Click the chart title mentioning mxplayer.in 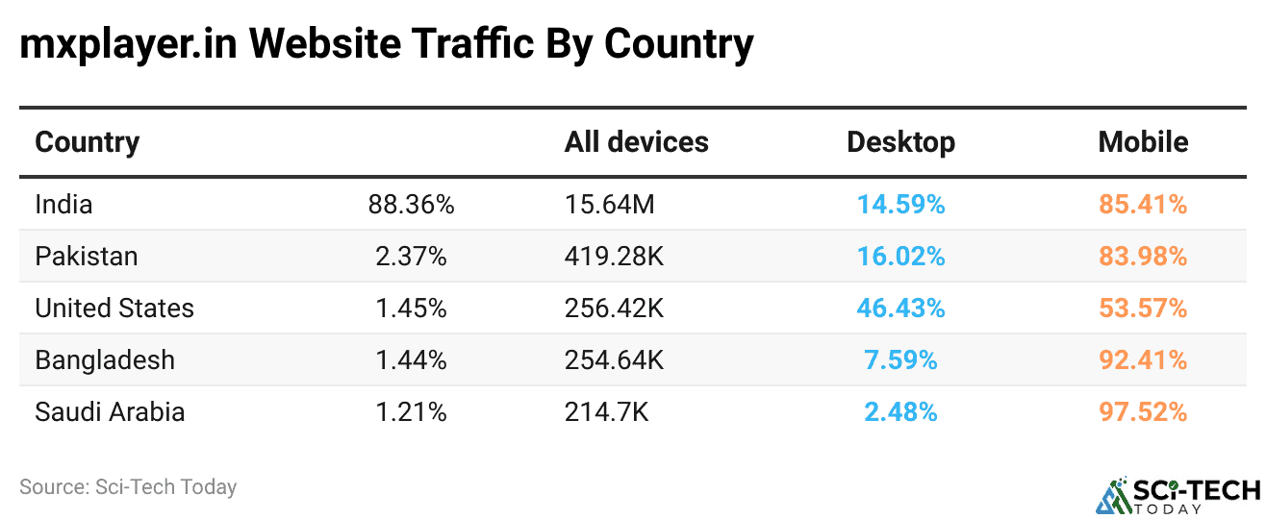(x=386, y=44)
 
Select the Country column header (x=88, y=142)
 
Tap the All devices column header (x=636, y=142)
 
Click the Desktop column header (x=900, y=142)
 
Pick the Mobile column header (x=1143, y=142)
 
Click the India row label (x=63, y=204)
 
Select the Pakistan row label (x=87, y=256)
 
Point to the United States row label (x=114, y=308)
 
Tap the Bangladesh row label (x=105, y=359)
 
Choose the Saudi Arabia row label (x=110, y=411)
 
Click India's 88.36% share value (x=411, y=204)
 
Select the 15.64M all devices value (x=609, y=204)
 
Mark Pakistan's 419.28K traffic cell (x=614, y=256)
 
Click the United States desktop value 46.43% (x=900, y=308)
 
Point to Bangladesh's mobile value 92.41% (x=1143, y=359)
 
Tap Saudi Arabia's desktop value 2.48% (x=900, y=411)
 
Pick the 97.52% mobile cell (x=1143, y=411)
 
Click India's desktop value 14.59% (x=900, y=204)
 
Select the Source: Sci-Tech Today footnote (x=128, y=487)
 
